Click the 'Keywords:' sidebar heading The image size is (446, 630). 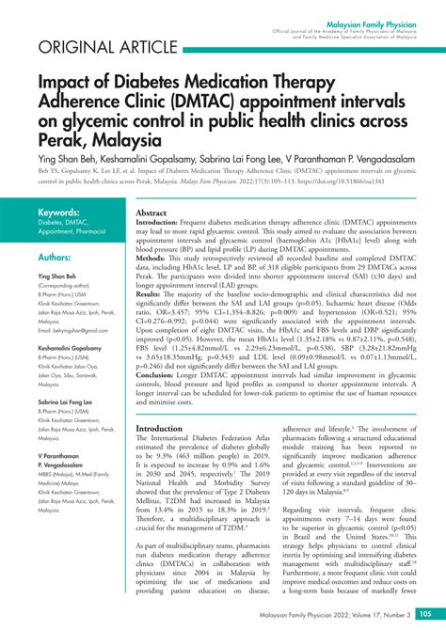[58, 213]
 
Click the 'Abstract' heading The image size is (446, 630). [151, 214]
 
